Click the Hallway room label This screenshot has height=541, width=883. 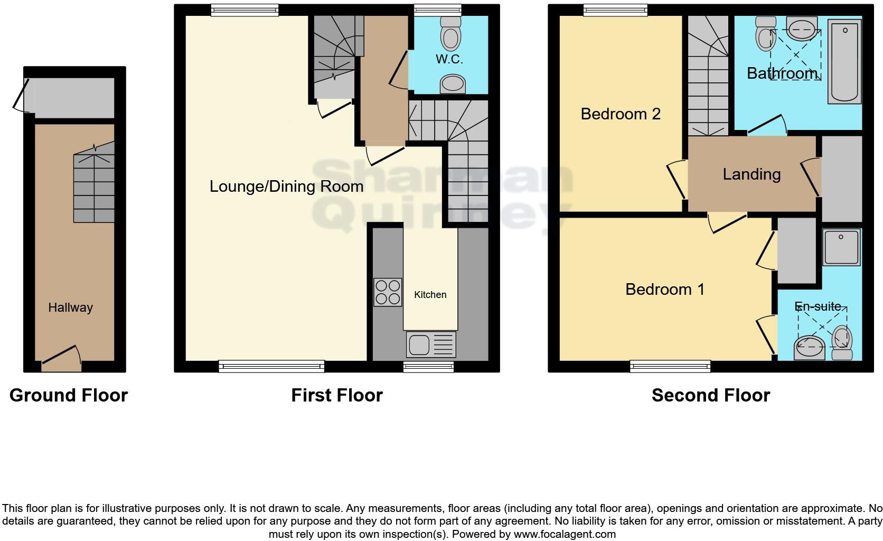click(x=70, y=307)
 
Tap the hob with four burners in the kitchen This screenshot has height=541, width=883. click(x=388, y=292)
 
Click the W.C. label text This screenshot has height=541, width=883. click(x=449, y=59)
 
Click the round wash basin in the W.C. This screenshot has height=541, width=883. click(x=453, y=84)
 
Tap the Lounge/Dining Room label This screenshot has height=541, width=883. click(x=286, y=186)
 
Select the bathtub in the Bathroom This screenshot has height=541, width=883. click(x=845, y=61)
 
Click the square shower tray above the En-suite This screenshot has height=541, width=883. click(x=842, y=247)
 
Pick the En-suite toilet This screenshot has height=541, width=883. click(x=842, y=343)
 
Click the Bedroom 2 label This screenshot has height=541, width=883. click(x=621, y=114)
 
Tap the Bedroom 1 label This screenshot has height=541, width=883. click(x=665, y=289)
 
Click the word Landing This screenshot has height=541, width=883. click(x=752, y=174)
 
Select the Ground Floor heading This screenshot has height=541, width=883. click(x=69, y=395)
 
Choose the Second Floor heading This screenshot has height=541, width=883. click(x=711, y=395)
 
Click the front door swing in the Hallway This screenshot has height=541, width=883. click(x=61, y=357)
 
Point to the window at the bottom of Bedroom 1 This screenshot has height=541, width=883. click(x=670, y=366)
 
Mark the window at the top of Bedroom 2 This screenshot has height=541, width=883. click(x=615, y=10)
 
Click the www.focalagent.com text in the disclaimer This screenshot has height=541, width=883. click(x=565, y=534)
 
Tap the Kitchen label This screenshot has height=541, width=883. click(x=430, y=295)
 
